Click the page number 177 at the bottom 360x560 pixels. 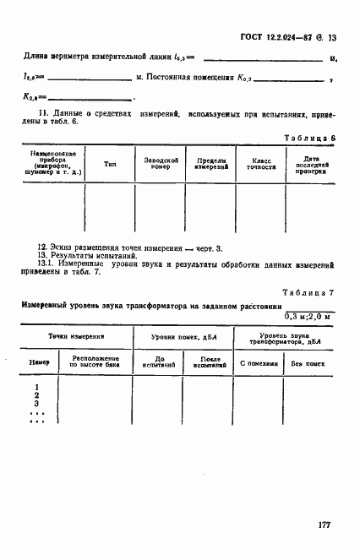tap(324, 525)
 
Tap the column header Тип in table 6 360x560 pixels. tap(111, 164)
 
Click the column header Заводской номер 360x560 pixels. tap(160, 164)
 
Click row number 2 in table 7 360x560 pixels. tap(36, 395)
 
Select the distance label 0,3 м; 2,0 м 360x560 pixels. tap(308, 317)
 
